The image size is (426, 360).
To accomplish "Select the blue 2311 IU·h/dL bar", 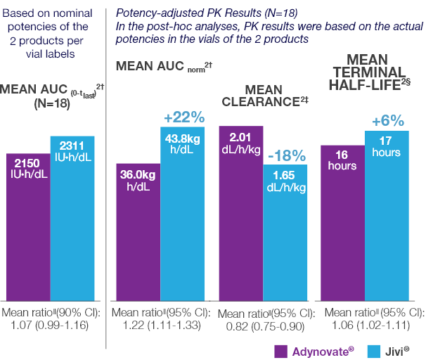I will click(72, 218).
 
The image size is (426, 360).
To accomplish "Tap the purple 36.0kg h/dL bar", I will click(138, 232).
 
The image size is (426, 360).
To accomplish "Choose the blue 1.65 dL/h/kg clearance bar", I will click(285, 233).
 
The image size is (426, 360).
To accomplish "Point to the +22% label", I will click(183, 117).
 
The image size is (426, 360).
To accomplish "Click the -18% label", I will click(285, 154).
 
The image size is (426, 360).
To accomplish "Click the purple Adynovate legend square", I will click(280, 347).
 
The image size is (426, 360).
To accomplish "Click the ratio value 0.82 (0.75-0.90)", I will click(266, 326).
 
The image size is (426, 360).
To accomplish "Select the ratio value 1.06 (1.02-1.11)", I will click(369, 326).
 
